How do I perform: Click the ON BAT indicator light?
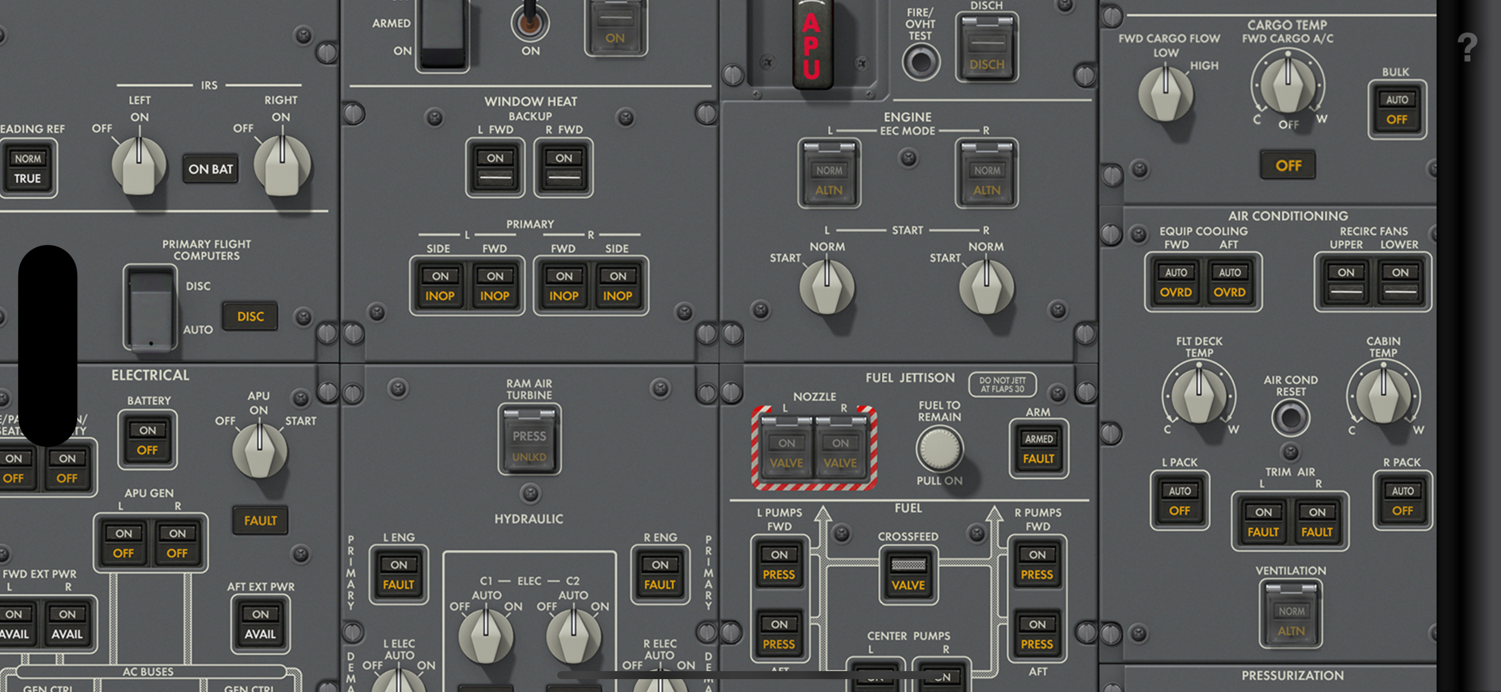coord(210,169)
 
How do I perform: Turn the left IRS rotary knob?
coord(139,165)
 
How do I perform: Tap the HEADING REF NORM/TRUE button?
coord(28,168)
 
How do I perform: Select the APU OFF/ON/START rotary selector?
coord(259,450)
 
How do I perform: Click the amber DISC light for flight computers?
coord(250,316)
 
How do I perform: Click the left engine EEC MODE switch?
coord(828,173)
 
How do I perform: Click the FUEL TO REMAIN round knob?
coord(939,448)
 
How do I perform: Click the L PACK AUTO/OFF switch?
coord(1179,500)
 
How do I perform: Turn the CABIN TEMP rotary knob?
coord(1383,394)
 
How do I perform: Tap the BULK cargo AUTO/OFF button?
coord(1397,109)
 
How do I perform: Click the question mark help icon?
coord(1467,48)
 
